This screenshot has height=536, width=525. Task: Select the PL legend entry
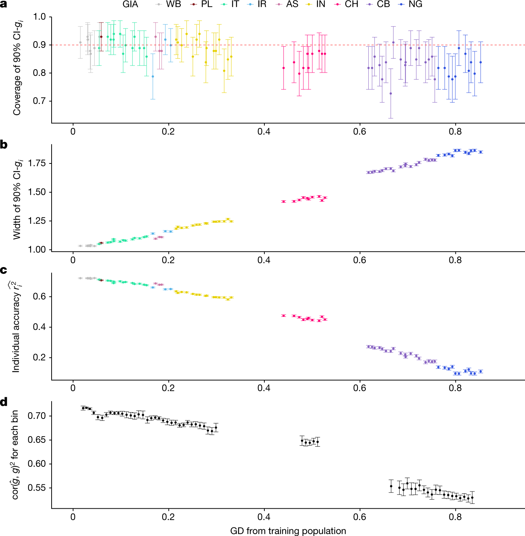pos(202,4)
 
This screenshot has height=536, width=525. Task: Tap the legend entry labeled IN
pos(316,4)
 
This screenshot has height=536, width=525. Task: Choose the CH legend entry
pos(347,4)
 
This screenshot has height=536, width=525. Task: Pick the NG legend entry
pos(411,4)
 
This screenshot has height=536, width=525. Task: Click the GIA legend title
pos(130,4)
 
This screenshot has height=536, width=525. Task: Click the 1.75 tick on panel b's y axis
pos(37,163)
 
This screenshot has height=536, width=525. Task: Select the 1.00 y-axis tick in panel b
pos(37,249)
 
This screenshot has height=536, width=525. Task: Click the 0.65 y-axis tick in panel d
pos(37,440)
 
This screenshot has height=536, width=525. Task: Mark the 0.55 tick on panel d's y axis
pos(37,488)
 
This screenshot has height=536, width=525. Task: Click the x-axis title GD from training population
pos(288,531)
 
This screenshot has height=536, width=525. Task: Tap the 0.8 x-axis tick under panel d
pos(455,517)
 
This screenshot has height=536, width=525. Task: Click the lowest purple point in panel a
pos(391,94)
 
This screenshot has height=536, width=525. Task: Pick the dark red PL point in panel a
pos(101,37)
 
